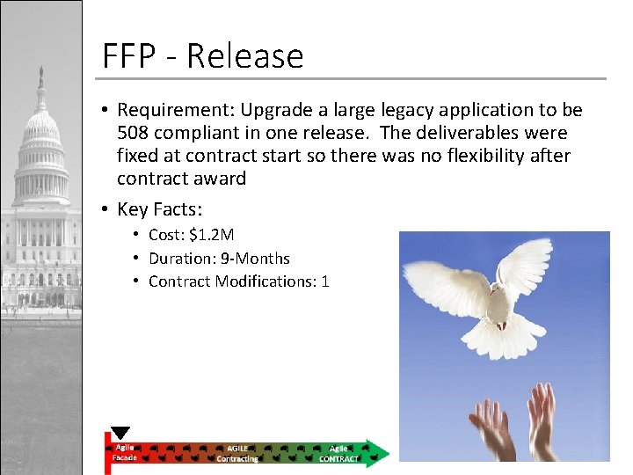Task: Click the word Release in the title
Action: [x=244, y=56]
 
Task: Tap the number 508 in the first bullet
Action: [x=134, y=133]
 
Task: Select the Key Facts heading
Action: [x=160, y=208]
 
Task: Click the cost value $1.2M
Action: [x=211, y=235]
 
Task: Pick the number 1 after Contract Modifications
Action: [x=324, y=281]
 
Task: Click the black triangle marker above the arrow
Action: [x=120, y=433]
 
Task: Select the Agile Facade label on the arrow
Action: [x=123, y=452]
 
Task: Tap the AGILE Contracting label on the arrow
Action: [x=237, y=453]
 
